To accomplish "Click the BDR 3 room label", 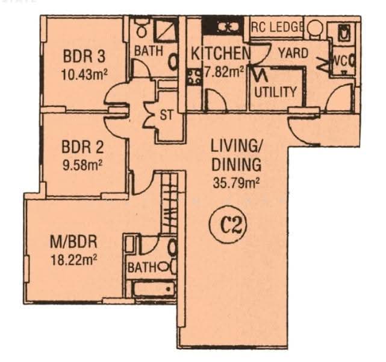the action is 84,56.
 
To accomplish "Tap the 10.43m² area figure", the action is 85,74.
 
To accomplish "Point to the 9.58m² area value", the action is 82,165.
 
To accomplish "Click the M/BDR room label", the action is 73,242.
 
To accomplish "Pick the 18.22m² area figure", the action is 73,260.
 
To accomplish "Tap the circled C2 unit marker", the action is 228,227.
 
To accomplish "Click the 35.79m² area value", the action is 236,183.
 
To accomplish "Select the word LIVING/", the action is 237,146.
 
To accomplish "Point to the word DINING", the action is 236,165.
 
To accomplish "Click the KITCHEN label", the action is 220,54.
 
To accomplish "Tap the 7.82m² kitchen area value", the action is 224,72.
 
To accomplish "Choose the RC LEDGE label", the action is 276,27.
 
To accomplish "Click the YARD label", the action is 293,53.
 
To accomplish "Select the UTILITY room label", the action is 275,92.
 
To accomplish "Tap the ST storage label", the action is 167,115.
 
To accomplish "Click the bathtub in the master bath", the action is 154,288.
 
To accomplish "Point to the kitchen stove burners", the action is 195,77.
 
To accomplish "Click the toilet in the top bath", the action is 142,27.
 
